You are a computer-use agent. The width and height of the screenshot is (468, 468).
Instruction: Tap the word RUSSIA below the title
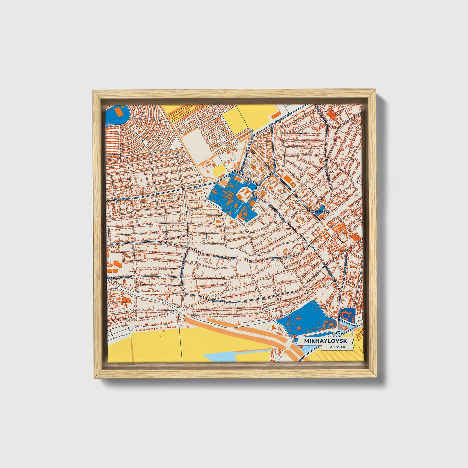click(337, 347)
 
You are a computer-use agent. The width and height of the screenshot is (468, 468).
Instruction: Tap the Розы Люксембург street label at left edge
click(118, 278)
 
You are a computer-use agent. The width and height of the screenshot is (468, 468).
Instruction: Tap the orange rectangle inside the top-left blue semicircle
click(119, 111)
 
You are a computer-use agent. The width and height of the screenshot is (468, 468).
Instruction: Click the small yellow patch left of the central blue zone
click(219, 169)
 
